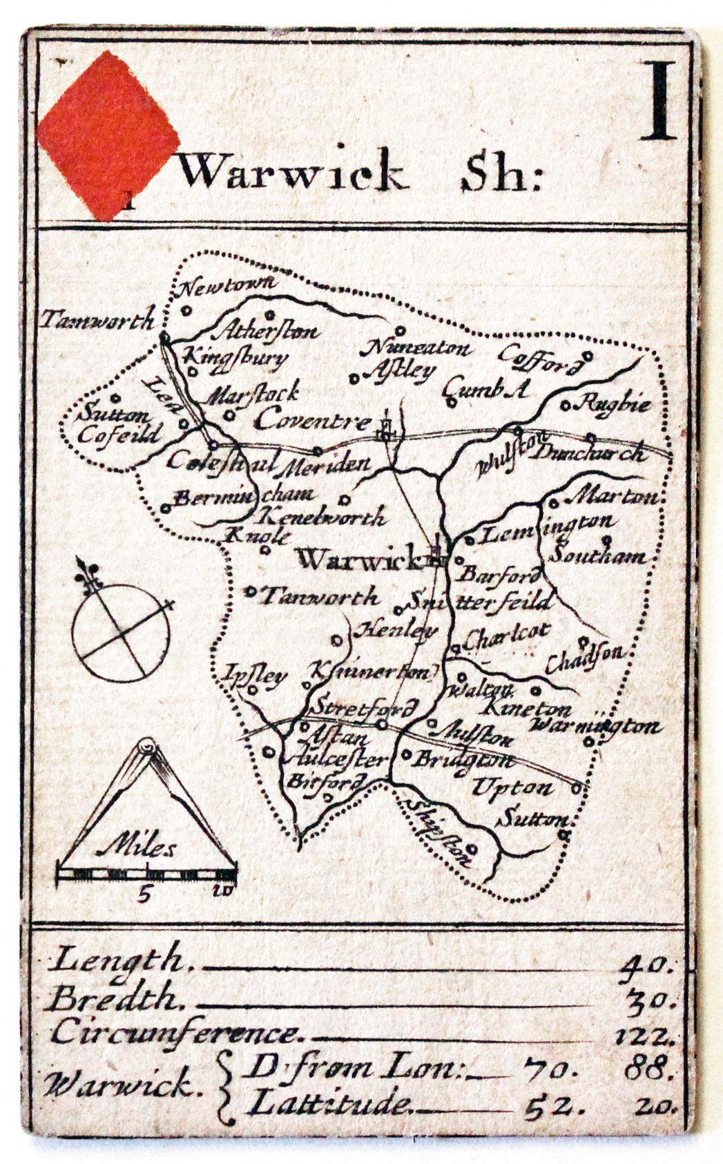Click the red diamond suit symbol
coord(104,135)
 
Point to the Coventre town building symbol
coord(384,428)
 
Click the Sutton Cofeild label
coord(117,426)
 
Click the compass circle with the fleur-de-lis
coord(122,629)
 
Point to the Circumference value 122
coord(642,1036)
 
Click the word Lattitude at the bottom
coord(329,1103)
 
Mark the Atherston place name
coord(266,330)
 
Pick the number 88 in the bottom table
coord(647,1070)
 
